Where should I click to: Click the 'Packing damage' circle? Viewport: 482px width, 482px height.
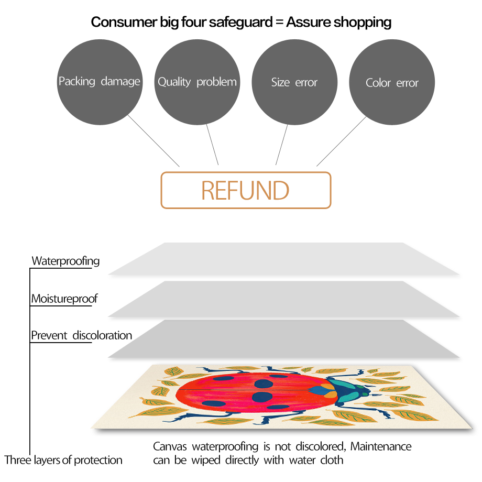[x=100, y=82]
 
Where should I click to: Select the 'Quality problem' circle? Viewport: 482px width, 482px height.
[x=197, y=82]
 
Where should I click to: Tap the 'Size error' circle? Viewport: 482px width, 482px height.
[x=294, y=82]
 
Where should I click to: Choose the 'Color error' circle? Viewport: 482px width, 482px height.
[x=392, y=82]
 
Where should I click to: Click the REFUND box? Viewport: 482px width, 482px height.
[x=246, y=190]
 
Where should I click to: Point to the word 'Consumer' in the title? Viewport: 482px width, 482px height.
[x=124, y=22]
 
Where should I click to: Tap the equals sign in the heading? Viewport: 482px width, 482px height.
[x=279, y=23]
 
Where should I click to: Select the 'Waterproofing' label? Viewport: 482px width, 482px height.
[x=66, y=261]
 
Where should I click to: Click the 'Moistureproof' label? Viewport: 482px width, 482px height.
[x=64, y=299]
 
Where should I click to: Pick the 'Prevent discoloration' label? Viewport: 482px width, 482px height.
[x=81, y=335]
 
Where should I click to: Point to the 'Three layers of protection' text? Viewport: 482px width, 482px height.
[x=63, y=460]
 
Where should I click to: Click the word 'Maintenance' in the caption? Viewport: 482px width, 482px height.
[x=381, y=446]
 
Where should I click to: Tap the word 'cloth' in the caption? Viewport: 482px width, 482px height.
[x=332, y=460]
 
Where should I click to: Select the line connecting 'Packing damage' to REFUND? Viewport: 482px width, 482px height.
[x=154, y=141]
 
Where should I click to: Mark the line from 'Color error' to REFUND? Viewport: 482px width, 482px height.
[x=342, y=141]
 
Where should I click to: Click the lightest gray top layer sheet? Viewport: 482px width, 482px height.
[x=284, y=259]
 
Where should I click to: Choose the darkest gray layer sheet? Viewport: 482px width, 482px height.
[x=284, y=339]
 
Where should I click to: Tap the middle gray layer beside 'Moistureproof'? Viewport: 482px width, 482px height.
[x=284, y=299]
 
